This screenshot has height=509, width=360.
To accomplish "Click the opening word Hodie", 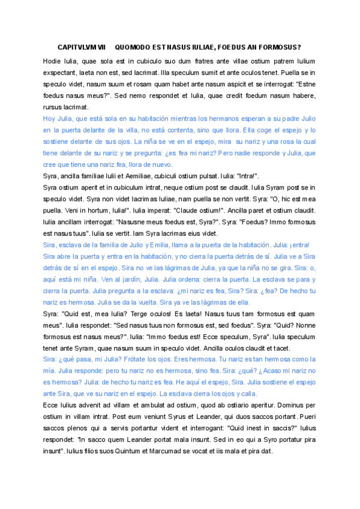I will click(52, 61).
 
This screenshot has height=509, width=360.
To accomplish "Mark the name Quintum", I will click(147, 452).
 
